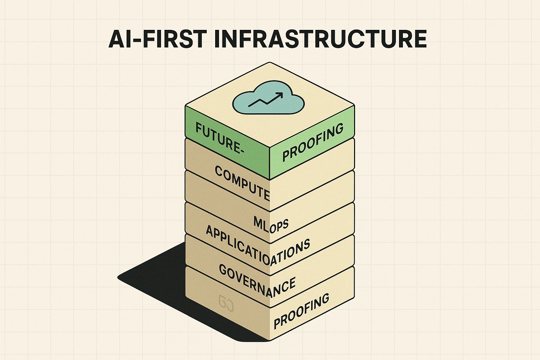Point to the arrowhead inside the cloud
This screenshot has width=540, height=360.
point(280,95)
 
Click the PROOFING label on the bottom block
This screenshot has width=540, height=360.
point(302,311)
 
